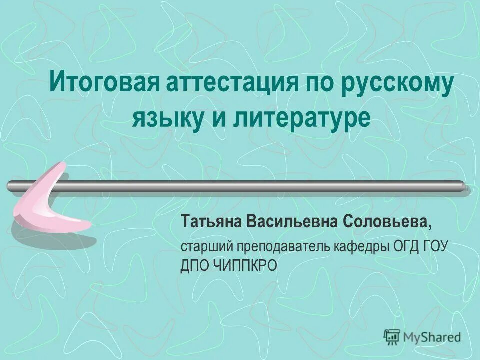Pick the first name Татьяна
click(211, 222)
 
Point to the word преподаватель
click(281, 247)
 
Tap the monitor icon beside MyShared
click(392, 337)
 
